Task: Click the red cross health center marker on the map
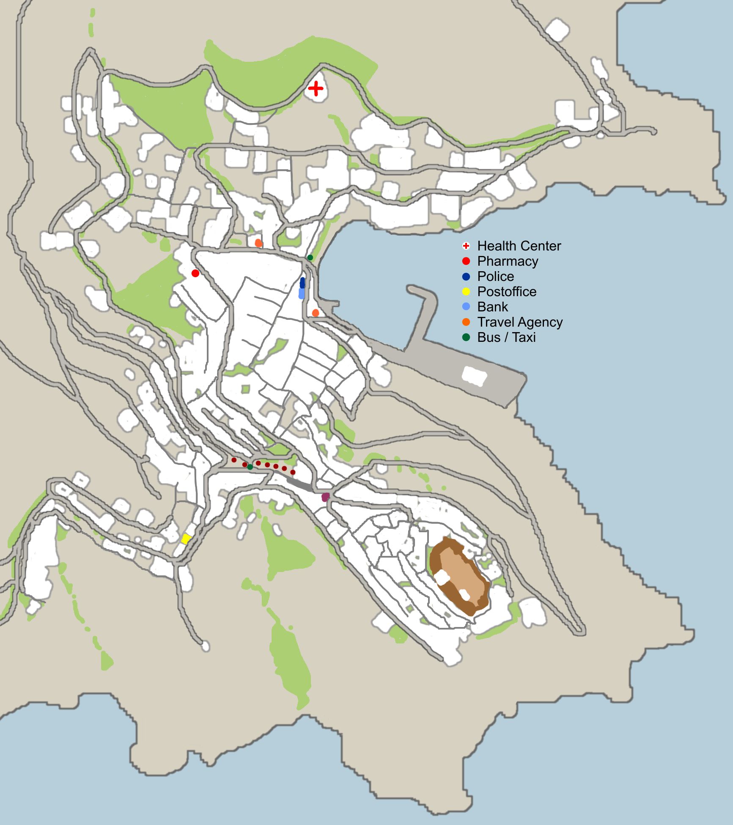[x=316, y=89]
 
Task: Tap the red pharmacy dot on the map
[x=195, y=273]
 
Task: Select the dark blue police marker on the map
[x=302, y=282]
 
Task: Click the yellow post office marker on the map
[x=186, y=539]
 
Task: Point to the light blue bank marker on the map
[x=302, y=293]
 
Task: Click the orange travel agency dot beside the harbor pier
[x=315, y=313]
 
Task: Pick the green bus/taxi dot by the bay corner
[x=310, y=257]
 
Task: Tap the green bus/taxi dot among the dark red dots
[x=250, y=467]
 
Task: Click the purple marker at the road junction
[x=325, y=497]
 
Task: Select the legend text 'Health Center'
[x=519, y=246]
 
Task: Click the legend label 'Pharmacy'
[x=507, y=261]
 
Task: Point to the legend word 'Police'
[x=495, y=276]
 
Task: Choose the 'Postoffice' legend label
[x=506, y=291]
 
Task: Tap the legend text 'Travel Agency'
[x=519, y=322]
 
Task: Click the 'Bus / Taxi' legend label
[x=506, y=337]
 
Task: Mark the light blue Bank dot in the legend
[x=466, y=307]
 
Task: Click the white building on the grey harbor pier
[x=474, y=375]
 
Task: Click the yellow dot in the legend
[x=466, y=291]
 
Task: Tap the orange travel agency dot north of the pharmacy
[x=258, y=243]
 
